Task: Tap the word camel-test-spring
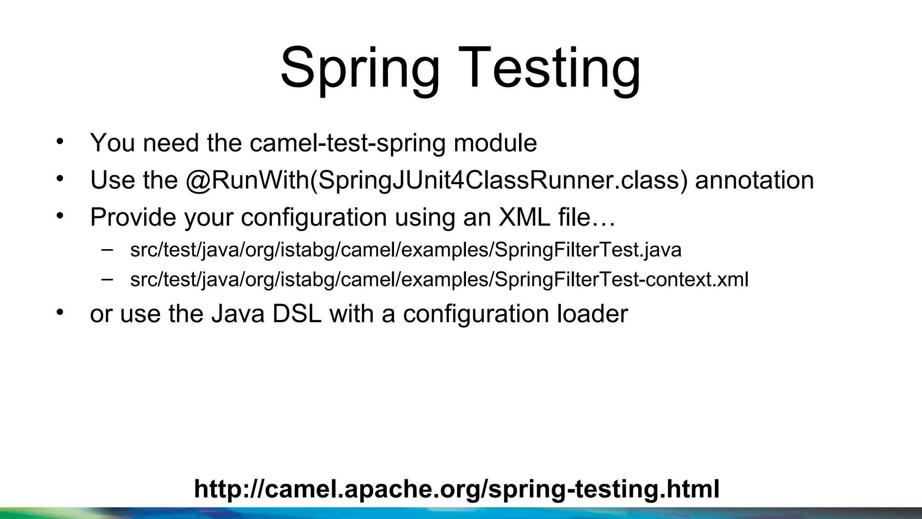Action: point(347,143)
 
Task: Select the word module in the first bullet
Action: point(495,143)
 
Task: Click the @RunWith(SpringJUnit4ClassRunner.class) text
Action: point(437,180)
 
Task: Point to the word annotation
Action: point(754,180)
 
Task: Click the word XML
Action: point(524,217)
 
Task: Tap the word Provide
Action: point(133,217)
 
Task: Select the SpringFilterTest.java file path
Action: point(406,250)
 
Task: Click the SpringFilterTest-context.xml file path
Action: point(439,279)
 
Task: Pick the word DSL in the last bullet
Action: point(297,314)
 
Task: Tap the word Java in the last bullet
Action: point(238,314)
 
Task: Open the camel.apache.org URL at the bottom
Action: point(456,489)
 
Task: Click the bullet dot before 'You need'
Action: point(60,141)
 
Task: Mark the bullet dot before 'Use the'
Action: point(60,178)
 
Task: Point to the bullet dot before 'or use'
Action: point(60,311)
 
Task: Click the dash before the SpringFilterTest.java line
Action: point(107,249)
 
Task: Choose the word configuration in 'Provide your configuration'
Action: point(314,217)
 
